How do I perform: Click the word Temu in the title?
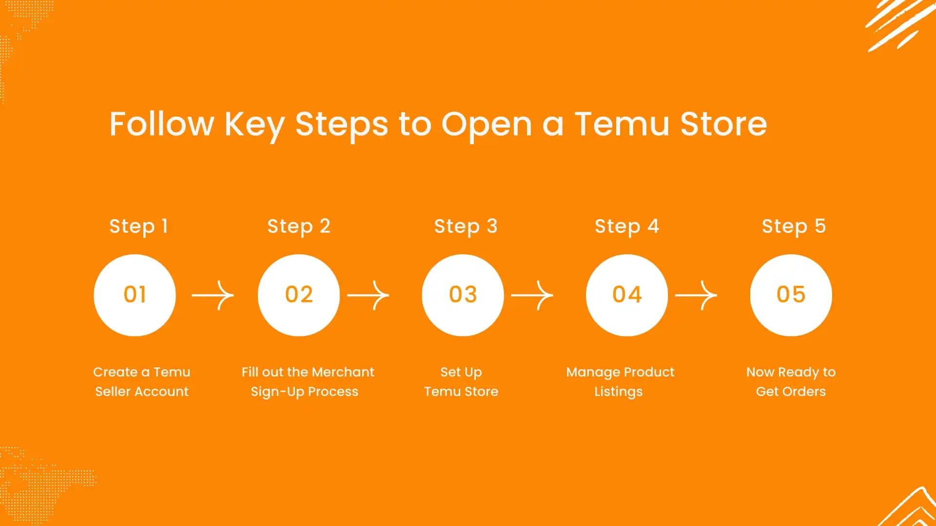tap(622, 124)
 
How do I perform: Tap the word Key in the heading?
tap(254, 125)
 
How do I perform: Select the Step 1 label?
tap(138, 226)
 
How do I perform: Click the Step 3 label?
tap(466, 226)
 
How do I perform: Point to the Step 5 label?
tap(794, 226)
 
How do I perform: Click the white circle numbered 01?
tap(135, 295)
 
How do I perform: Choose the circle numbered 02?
tap(299, 295)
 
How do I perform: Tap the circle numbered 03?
tap(463, 295)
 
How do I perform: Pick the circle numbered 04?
tap(627, 295)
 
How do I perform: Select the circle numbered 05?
tap(791, 295)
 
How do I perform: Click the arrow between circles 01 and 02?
tap(213, 295)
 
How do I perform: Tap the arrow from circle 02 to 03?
tap(368, 295)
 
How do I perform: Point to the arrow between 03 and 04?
tap(532, 295)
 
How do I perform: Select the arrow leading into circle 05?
tap(696, 295)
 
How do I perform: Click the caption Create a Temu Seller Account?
tap(141, 382)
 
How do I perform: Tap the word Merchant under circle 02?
tap(342, 372)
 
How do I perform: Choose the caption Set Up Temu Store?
tap(461, 382)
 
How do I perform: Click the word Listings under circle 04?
tap(618, 392)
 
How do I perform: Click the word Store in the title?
tap(723, 124)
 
